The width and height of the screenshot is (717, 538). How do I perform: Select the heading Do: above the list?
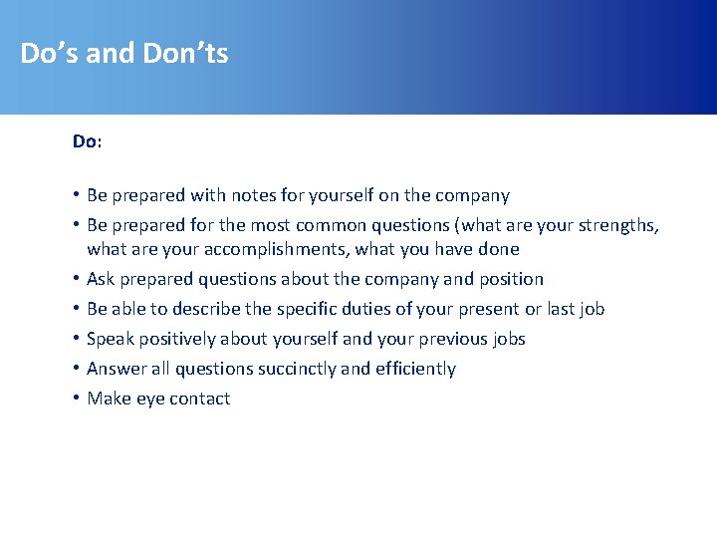87,141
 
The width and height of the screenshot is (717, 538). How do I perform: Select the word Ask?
101,279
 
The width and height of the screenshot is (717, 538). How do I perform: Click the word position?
507,279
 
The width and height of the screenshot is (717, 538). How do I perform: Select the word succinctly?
297,369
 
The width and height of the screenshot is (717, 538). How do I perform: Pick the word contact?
198,399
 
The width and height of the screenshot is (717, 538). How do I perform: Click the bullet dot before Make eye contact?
76,399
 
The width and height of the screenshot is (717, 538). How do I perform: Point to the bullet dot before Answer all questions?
76,369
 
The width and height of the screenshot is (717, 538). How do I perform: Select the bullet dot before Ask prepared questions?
76,279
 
